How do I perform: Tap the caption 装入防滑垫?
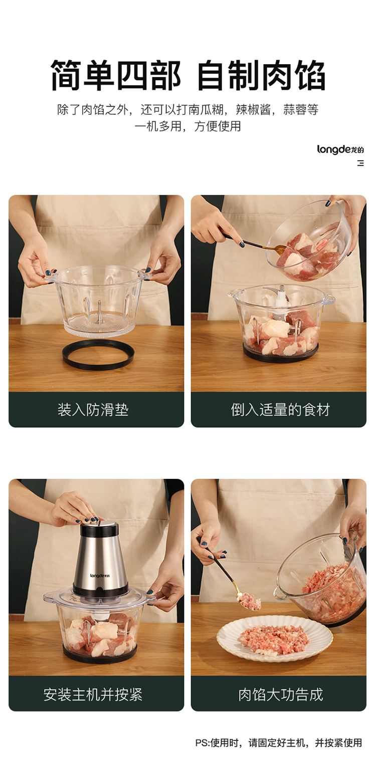(x=93, y=410)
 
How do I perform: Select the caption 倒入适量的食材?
(x=280, y=410)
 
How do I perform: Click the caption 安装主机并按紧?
(x=93, y=694)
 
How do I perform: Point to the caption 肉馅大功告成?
(x=281, y=694)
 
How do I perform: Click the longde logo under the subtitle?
(x=340, y=149)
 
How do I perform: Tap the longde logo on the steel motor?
(x=100, y=575)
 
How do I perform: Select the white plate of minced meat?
(x=274, y=638)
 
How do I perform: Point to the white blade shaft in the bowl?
(x=282, y=298)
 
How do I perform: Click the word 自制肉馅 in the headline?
(x=261, y=76)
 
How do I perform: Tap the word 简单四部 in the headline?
(x=116, y=76)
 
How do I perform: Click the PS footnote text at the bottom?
(x=279, y=742)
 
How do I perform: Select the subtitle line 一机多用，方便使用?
(x=187, y=126)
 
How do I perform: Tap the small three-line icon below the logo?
(x=360, y=163)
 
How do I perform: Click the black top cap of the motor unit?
(x=100, y=530)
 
